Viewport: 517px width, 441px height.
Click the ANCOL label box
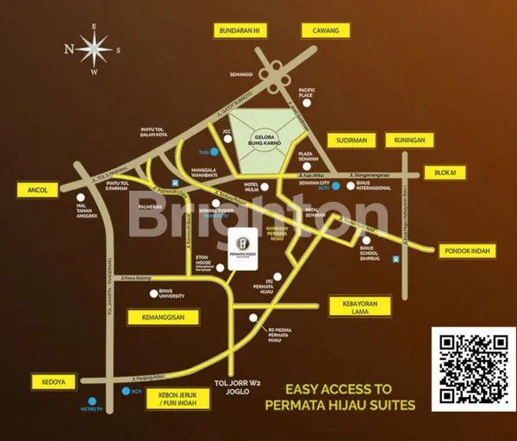pos(40,189)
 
